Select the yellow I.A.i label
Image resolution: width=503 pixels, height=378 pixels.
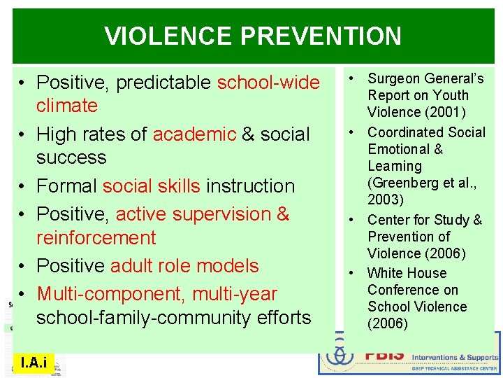coord(34,362)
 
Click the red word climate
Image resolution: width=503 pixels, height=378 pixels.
coord(67,106)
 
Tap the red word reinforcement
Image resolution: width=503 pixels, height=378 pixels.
coord(96,238)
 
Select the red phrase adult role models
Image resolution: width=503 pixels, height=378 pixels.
coord(184,266)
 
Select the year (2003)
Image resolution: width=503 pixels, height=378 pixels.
coord(385,200)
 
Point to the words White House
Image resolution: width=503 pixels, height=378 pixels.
coord(407,273)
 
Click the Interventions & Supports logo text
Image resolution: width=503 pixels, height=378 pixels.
coord(454,357)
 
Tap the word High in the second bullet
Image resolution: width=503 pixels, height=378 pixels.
coord(55,134)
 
